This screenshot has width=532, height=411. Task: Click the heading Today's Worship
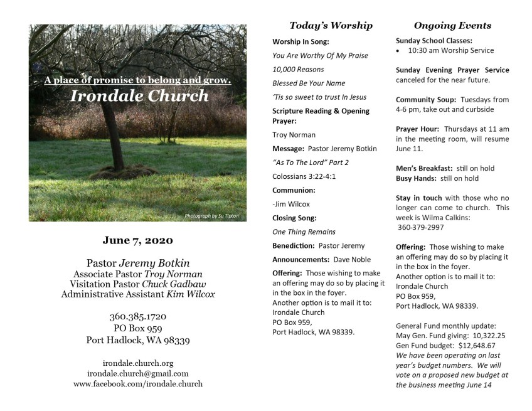pos(331,26)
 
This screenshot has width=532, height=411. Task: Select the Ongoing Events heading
pos(452,26)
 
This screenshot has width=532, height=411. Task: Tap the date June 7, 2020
pos(137,240)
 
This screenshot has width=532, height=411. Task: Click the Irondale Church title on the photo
pos(139,96)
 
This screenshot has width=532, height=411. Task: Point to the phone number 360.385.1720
pos(137,316)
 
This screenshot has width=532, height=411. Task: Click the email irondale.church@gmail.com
pos(137,373)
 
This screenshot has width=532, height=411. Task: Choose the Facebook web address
pos(137,383)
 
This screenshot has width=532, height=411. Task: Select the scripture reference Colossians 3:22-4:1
pos(304,176)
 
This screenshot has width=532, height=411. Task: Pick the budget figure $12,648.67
pos(477,345)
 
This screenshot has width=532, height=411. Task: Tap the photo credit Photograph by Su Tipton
pos(211,216)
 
